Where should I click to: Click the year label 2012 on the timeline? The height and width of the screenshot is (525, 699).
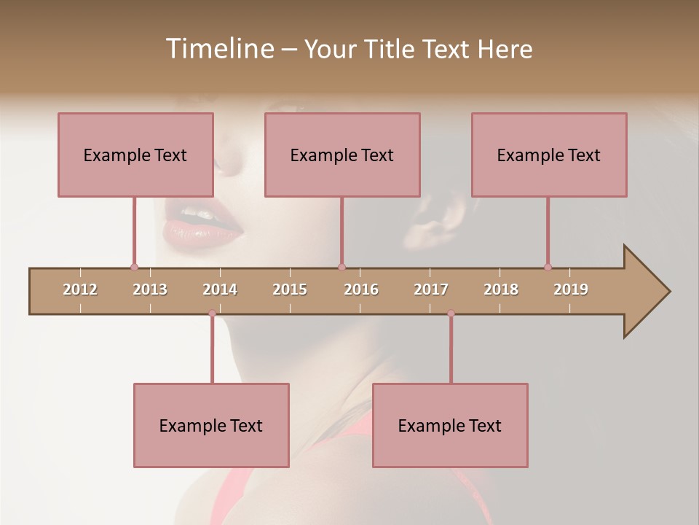[x=80, y=289]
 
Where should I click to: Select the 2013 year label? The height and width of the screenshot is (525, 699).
[x=150, y=289]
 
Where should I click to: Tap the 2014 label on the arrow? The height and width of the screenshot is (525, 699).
[x=220, y=289]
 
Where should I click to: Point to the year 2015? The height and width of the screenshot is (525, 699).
[x=290, y=289]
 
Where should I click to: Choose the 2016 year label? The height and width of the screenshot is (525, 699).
[x=361, y=289]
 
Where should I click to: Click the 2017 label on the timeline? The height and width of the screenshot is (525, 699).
[x=431, y=289]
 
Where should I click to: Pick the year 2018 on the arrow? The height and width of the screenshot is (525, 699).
[x=501, y=289]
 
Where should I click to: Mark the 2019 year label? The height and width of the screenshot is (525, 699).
[x=571, y=289]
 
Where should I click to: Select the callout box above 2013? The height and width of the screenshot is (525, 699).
[x=135, y=155]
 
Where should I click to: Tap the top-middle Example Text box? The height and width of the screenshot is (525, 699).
[x=342, y=155]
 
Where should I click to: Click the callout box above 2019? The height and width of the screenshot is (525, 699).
[x=549, y=155]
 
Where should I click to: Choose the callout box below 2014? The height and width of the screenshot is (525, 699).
[x=211, y=425]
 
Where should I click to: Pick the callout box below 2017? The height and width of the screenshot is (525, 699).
[x=450, y=425]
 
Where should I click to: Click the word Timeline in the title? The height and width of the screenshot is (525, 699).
[x=218, y=49]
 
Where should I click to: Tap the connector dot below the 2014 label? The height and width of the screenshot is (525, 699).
[x=212, y=313]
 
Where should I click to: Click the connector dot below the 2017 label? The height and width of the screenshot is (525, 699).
[x=451, y=313]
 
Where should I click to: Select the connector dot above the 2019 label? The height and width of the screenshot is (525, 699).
[x=548, y=267]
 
